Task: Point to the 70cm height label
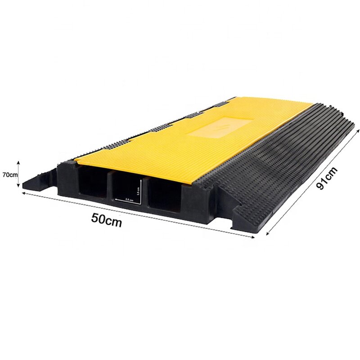(x=9, y=174)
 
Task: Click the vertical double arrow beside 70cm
(x=18, y=174)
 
